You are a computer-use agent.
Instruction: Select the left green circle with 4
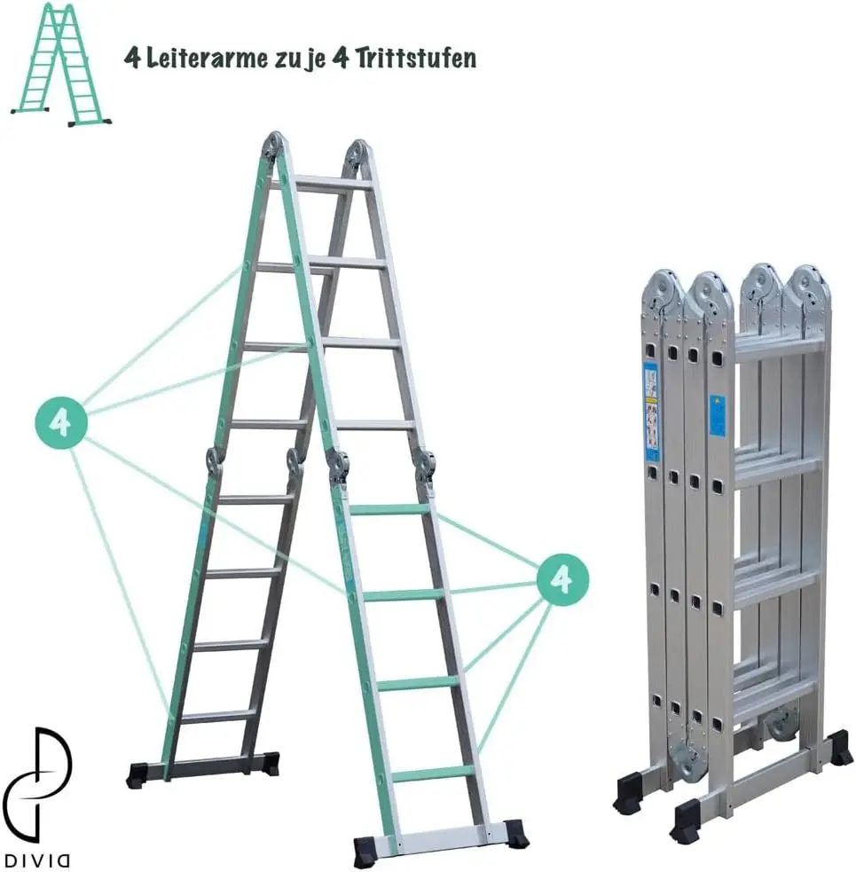tap(60, 421)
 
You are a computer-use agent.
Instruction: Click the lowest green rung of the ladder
tap(432, 774)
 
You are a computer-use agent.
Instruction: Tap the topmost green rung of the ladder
tap(389, 509)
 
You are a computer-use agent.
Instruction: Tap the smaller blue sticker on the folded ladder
tap(717, 415)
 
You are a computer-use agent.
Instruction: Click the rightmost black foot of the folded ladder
tap(837, 748)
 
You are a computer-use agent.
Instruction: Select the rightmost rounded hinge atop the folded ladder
tap(809, 287)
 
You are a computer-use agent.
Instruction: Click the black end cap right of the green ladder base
tap(515, 832)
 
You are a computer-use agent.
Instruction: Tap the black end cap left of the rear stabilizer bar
tap(137, 774)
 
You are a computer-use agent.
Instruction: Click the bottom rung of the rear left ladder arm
tap(218, 715)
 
